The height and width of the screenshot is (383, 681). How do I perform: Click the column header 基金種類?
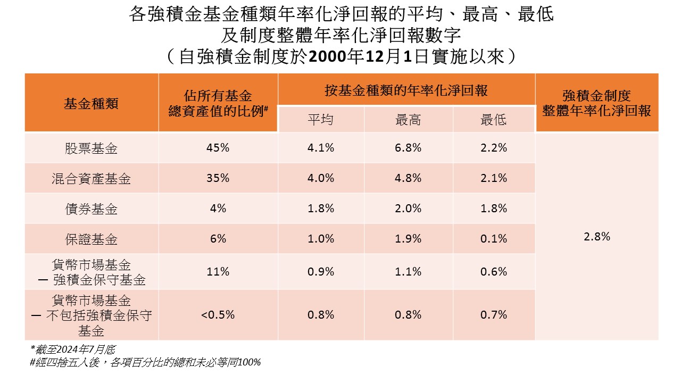click(91, 103)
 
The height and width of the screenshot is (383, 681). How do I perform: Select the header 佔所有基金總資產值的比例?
click(218, 103)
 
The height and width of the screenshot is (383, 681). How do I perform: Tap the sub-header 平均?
click(320, 120)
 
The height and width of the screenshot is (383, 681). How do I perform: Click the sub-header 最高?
click(408, 120)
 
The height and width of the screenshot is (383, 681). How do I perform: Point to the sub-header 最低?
click(493, 120)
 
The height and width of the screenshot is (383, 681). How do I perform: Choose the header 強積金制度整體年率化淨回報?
click(596, 103)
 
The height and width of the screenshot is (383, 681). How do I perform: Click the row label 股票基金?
click(91, 148)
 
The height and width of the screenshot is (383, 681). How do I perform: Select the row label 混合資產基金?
click(91, 179)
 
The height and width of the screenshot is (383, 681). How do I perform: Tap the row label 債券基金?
click(91, 209)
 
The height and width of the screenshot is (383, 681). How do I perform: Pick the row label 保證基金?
click(91, 239)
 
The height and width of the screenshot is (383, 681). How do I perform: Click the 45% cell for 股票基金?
click(218, 148)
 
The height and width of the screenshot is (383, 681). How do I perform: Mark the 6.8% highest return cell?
click(408, 148)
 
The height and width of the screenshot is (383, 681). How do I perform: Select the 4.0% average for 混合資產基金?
click(321, 178)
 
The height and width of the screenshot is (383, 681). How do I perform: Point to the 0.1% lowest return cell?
click(494, 238)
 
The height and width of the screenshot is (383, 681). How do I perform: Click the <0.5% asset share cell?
click(218, 314)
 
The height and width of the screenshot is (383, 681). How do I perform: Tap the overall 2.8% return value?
click(597, 237)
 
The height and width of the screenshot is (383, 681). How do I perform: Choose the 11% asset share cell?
click(218, 272)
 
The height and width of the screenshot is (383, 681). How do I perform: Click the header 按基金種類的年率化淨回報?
click(406, 90)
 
